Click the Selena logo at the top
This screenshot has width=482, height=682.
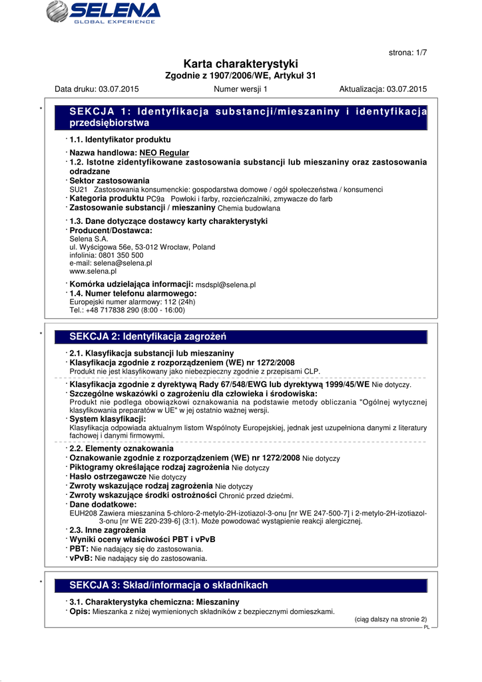(x=103, y=12)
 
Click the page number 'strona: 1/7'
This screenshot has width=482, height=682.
(x=407, y=52)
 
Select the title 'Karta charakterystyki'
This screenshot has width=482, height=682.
(x=240, y=64)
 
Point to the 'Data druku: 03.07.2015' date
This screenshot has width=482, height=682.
(x=97, y=89)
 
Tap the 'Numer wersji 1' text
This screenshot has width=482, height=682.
(x=240, y=89)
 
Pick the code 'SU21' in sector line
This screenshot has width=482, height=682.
(x=79, y=190)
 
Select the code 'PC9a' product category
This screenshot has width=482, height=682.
(x=155, y=199)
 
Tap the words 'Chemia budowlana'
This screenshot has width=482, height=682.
(x=230, y=208)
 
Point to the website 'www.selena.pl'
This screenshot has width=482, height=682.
(x=93, y=272)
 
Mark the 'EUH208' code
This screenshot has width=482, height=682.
(x=83, y=513)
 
